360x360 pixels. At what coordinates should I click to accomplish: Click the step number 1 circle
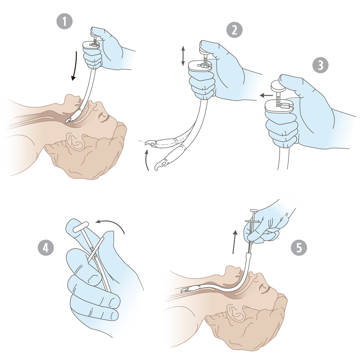click(x=64, y=21)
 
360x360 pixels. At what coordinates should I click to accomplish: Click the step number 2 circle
click(x=234, y=30)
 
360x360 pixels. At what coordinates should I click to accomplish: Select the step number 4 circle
click(x=46, y=248)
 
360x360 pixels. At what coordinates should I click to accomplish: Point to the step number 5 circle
click(x=299, y=248)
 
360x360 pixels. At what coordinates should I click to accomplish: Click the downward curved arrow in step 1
click(x=75, y=66)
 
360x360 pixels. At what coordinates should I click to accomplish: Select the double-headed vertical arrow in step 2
click(x=183, y=56)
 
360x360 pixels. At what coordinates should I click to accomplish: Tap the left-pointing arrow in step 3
click(x=266, y=95)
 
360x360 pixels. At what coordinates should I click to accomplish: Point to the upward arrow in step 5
click(x=234, y=242)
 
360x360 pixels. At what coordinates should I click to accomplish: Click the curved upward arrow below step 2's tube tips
click(x=147, y=159)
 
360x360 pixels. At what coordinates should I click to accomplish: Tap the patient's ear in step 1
click(x=75, y=140)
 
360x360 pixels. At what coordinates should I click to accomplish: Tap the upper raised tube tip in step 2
click(x=150, y=143)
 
